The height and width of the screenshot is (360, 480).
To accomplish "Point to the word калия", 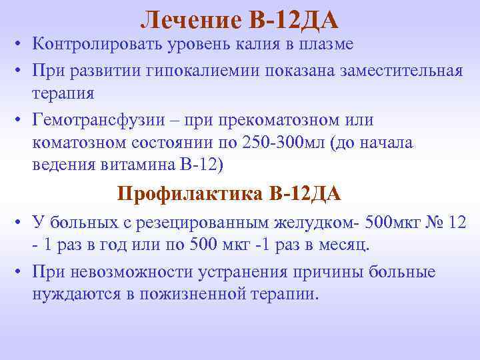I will [x=253, y=45].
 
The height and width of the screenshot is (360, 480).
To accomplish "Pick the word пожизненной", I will [x=225, y=293].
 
